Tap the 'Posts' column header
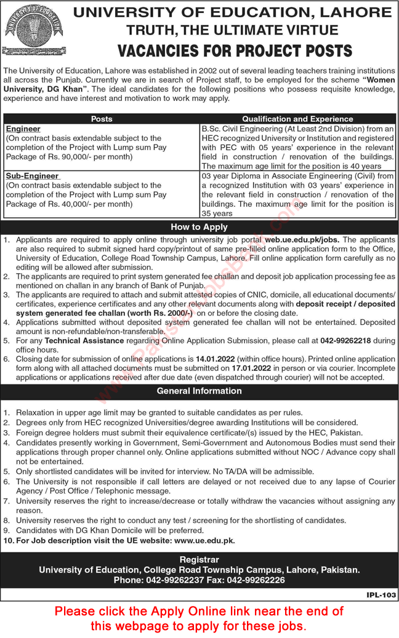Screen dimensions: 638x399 [102, 119]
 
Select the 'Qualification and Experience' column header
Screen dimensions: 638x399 [297, 119]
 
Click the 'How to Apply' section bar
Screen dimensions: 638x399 [199, 227]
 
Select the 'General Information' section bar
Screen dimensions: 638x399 [199, 391]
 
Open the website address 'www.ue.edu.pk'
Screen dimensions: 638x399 [205, 540]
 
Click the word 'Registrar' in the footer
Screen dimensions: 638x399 [199, 560]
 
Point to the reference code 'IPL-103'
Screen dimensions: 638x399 [381, 595]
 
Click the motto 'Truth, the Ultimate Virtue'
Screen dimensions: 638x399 [232, 30]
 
